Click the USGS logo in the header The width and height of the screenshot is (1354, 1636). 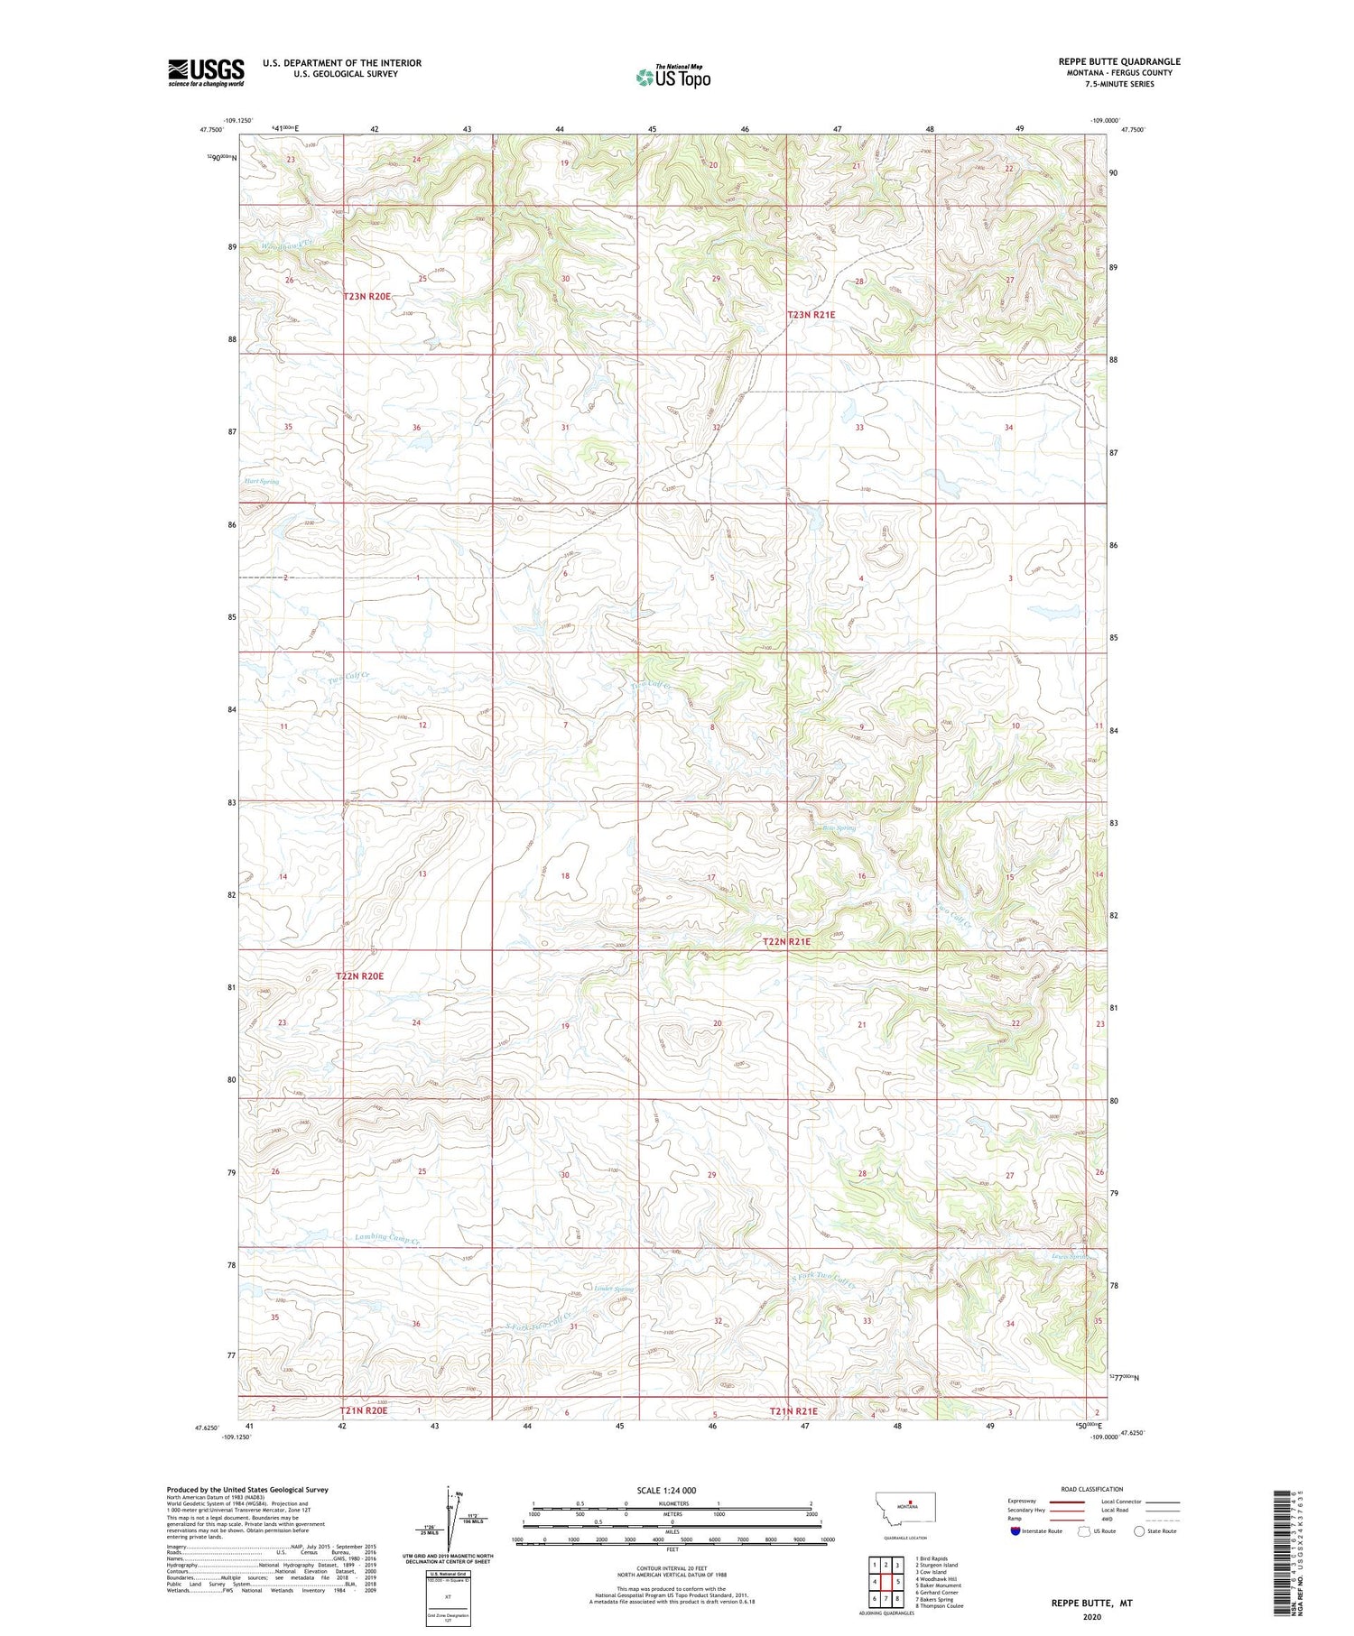[206, 72]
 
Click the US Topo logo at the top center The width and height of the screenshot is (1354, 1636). [673, 78]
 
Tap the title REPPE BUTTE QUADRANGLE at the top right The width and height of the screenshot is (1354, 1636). [1119, 61]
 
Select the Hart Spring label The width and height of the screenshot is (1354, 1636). [262, 482]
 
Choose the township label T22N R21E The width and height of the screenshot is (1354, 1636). [787, 941]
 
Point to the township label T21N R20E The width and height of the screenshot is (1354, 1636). [364, 1410]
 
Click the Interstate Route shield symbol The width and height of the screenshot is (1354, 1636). [1018, 1530]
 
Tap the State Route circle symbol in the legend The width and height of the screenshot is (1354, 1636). [1140, 1530]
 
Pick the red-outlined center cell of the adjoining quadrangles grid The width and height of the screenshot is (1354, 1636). [886, 1581]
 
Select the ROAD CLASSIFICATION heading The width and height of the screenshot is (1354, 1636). [1092, 1489]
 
